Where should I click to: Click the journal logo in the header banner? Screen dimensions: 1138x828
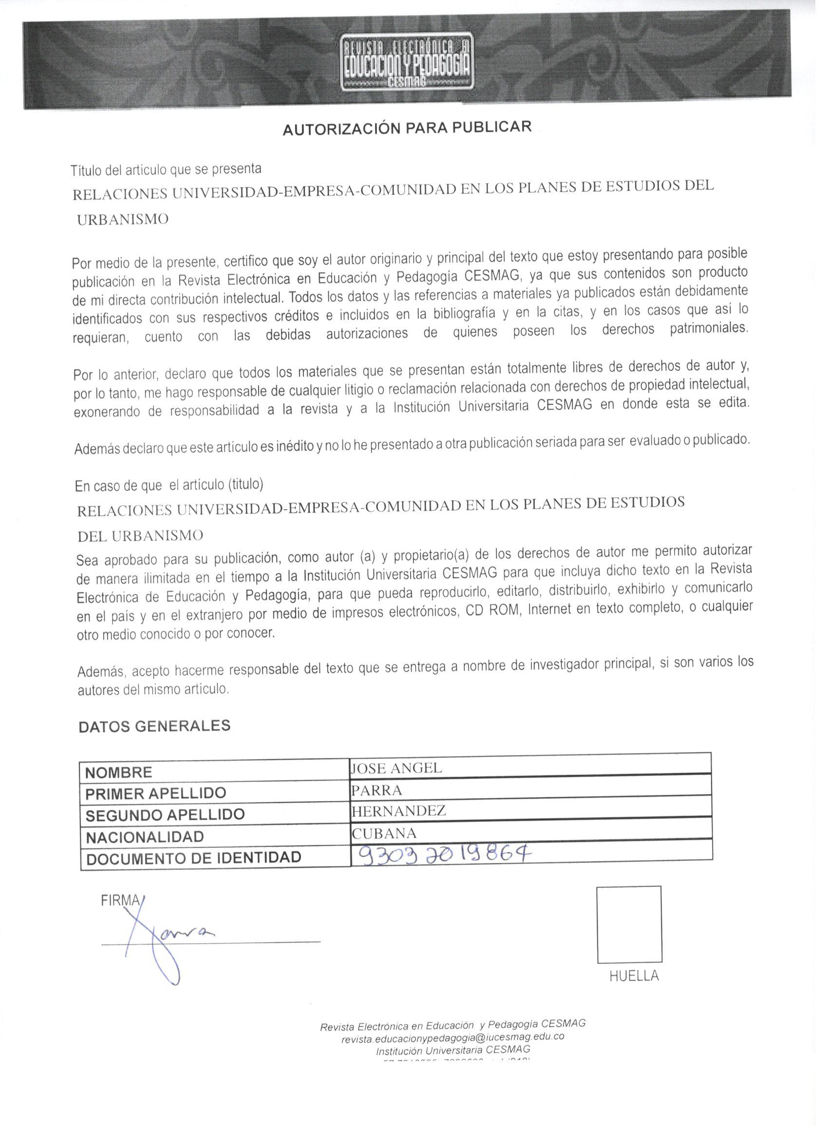(x=406, y=63)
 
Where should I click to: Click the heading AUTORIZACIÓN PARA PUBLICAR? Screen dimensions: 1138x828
(x=407, y=128)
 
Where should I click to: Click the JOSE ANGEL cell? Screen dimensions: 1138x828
(x=396, y=768)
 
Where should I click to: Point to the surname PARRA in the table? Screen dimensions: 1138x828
(x=376, y=790)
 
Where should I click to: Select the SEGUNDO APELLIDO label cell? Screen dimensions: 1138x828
(x=165, y=815)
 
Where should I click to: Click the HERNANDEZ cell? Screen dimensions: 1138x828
(x=399, y=811)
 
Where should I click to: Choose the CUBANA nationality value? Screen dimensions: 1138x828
(x=384, y=833)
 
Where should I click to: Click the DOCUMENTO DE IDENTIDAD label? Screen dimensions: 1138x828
(x=194, y=858)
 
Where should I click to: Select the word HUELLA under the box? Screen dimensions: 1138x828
(x=634, y=976)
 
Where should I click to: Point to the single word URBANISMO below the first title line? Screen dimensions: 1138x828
(x=123, y=219)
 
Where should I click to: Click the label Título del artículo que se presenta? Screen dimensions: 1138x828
(x=166, y=169)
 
